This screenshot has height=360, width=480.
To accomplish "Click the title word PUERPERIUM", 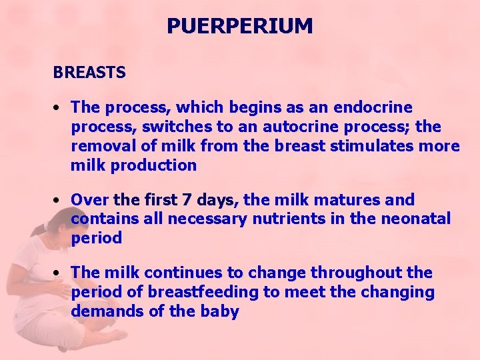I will [x=239, y=27].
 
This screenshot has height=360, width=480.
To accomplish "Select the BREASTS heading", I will [x=89, y=73].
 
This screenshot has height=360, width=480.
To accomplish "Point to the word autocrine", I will [x=291, y=127].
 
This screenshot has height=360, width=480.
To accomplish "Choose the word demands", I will [x=103, y=311].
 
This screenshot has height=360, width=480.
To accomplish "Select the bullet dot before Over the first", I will [x=59, y=200].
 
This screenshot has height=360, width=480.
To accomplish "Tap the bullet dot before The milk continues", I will [x=59, y=273].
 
